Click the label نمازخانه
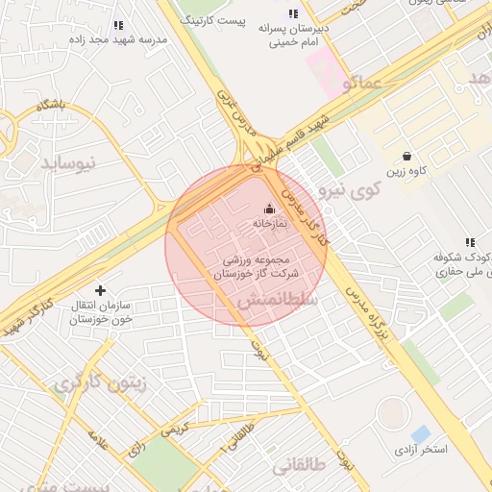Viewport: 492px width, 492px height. [x=270, y=223]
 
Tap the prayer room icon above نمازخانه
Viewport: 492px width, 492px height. [x=269, y=208]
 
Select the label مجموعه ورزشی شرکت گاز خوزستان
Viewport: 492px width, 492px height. [x=255, y=267]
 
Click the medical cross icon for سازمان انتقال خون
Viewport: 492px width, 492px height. [x=101, y=289]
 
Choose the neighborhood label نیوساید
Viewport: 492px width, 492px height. [x=68, y=163]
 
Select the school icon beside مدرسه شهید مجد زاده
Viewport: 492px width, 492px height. [x=118, y=26]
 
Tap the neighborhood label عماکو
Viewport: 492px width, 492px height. [x=359, y=86]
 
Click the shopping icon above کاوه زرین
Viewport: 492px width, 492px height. [x=407, y=156]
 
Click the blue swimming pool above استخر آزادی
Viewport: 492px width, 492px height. [x=420, y=433]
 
